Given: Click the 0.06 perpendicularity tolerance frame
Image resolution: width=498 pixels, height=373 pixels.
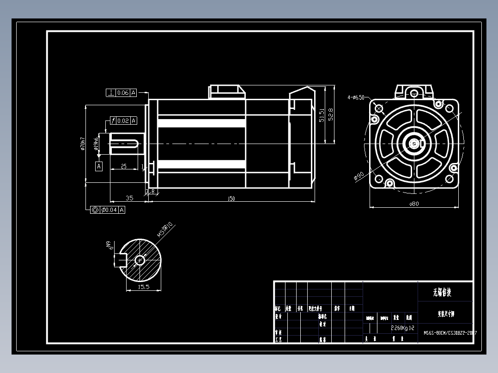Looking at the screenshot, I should pyautogui.click(x=121, y=93).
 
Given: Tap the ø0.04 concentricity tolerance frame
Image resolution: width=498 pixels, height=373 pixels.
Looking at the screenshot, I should pyautogui.click(x=108, y=210).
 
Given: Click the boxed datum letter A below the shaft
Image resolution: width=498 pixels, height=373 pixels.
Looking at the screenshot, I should pyautogui.click(x=99, y=166).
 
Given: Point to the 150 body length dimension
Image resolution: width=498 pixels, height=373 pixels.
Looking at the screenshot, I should pyautogui.click(x=231, y=199).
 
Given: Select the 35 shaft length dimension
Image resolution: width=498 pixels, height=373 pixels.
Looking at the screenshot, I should pyautogui.click(x=129, y=198).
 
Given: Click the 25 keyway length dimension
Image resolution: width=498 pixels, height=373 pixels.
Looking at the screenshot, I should pyautogui.click(x=124, y=166).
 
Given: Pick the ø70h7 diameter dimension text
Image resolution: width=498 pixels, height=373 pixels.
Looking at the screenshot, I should pyautogui.click(x=83, y=144).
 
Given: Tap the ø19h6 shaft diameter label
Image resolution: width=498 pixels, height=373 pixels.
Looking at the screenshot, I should pyautogui.click(x=96, y=144).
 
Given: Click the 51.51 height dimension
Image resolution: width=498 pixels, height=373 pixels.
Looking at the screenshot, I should pyautogui.click(x=322, y=115).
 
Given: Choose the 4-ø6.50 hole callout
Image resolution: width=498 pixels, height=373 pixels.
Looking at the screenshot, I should pyautogui.click(x=356, y=97).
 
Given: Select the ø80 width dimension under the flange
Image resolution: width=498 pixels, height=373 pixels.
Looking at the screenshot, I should pyautogui.click(x=414, y=204).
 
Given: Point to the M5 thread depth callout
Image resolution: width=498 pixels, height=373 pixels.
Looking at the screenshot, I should pyautogui.click(x=165, y=229).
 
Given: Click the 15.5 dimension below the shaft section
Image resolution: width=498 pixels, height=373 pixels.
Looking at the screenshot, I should pyautogui.click(x=144, y=287).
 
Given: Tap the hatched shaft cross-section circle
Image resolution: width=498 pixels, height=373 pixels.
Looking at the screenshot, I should pyautogui.click(x=140, y=261).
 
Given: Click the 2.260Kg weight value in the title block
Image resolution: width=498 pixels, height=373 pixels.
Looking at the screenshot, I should pyautogui.click(x=399, y=328).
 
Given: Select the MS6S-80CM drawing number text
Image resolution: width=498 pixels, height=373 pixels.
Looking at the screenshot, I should pyautogui.click(x=449, y=333).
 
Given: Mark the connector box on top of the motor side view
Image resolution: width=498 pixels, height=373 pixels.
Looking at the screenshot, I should pyautogui.click(x=227, y=91).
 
